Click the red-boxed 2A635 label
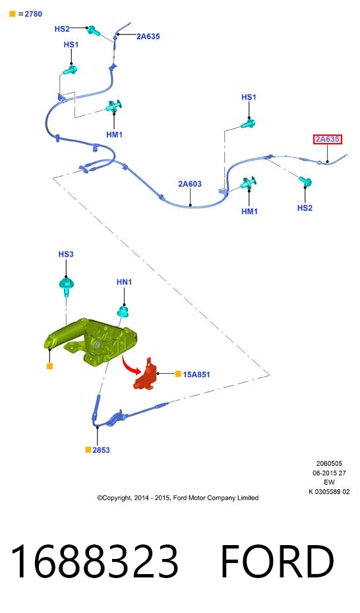click(x=328, y=139)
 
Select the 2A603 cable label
click(x=190, y=184)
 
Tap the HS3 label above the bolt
click(x=66, y=254)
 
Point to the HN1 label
click(x=125, y=282)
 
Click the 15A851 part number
click(x=196, y=374)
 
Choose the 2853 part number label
click(x=102, y=450)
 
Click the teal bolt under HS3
click(x=67, y=285)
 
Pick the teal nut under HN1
click(x=124, y=311)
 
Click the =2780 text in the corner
click(x=30, y=14)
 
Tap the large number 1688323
click(x=94, y=561)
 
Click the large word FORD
click(x=277, y=561)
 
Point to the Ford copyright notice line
click(x=178, y=498)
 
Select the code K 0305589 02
click(x=329, y=492)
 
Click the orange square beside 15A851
click(x=178, y=374)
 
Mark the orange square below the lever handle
click(x=49, y=366)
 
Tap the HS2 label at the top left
click(x=62, y=28)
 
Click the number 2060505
click(x=329, y=463)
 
